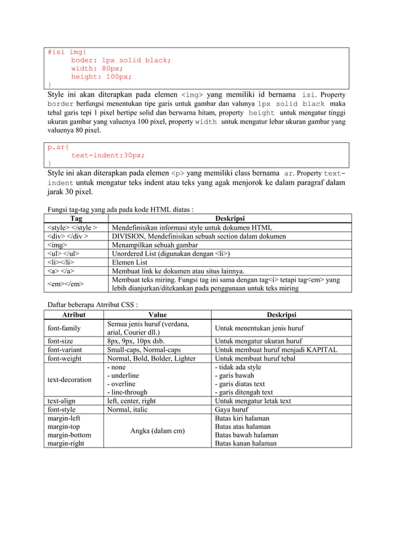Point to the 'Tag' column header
[76, 218]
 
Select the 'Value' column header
[158, 314]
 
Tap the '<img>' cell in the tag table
[58, 245]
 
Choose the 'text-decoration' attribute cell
[70, 380]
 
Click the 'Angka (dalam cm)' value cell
[158, 431]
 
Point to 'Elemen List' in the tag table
[129, 262]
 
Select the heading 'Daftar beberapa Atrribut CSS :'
[92, 305]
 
